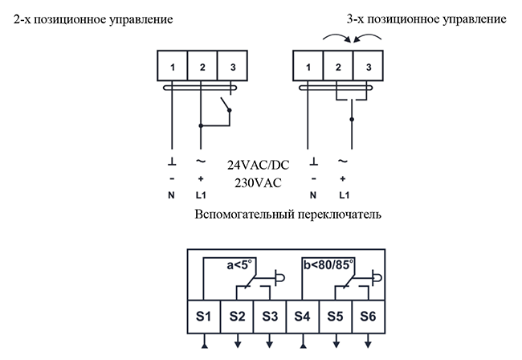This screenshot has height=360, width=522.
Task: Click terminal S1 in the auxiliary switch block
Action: [x=204, y=317]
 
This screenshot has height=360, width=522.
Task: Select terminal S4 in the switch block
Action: [x=302, y=317]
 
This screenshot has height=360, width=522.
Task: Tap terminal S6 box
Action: [x=368, y=317]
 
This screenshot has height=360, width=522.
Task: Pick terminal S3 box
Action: [x=270, y=317]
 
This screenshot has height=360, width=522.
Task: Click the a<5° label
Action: [x=239, y=264]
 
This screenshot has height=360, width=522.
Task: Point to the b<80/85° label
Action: [x=328, y=264]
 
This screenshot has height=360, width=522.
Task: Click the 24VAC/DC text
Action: [x=259, y=165]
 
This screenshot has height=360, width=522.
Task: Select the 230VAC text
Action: [x=258, y=183]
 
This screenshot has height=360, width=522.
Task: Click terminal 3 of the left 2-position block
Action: [x=232, y=66]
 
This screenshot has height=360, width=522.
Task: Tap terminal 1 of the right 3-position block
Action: [x=308, y=66]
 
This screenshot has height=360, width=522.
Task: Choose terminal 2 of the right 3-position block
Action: [x=338, y=66]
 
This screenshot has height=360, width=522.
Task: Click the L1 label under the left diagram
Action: [x=201, y=195]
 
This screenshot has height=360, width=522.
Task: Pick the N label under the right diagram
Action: [x=313, y=195]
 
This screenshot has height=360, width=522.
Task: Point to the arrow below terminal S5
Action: [x=336, y=341]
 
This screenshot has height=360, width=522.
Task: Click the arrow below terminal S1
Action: [x=205, y=341]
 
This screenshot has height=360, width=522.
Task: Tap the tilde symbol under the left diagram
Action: [x=201, y=162]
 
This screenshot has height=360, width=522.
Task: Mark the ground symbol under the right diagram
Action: [x=313, y=162]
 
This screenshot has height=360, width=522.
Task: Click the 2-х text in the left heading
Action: [x=22, y=19]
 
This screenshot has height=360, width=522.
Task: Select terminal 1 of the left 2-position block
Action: [x=172, y=66]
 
